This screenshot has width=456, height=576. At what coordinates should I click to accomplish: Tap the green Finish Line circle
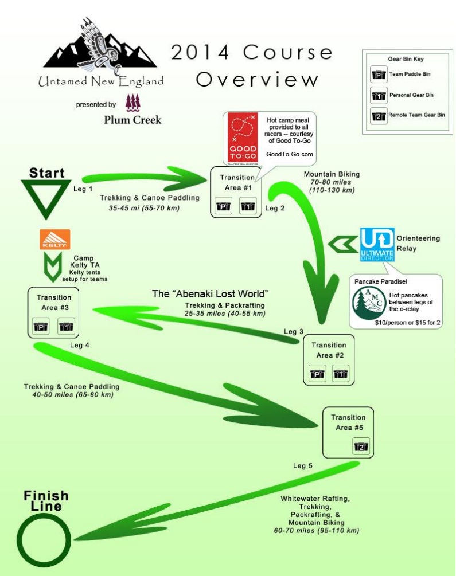click(42, 541)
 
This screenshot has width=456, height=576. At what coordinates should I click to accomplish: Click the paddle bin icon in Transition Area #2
click(318, 374)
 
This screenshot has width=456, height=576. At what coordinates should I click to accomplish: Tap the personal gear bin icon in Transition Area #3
click(67, 327)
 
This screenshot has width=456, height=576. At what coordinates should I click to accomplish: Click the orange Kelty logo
click(55, 239)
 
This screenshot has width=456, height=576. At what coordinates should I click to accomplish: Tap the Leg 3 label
click(294, 332)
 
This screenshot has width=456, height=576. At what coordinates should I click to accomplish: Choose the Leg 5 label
click(302, 465)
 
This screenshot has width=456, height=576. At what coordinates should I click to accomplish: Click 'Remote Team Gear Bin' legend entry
click(416, 115)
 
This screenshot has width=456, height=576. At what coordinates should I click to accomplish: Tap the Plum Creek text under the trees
click(132, 120)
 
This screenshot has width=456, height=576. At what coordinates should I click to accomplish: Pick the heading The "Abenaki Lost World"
click(211, 293)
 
